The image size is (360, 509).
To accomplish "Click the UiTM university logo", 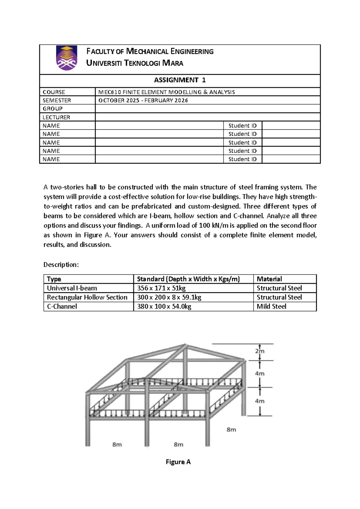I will click(67, 58).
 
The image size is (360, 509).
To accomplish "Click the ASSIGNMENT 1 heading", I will click(180, 80).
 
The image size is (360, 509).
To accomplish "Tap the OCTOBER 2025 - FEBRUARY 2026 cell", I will click(143, 101).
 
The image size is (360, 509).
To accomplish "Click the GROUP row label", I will click(52, 109).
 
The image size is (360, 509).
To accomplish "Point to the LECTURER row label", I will click(56, 117).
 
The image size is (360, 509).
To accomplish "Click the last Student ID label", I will click(242, 159).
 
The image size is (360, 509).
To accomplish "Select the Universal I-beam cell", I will click(72, 288).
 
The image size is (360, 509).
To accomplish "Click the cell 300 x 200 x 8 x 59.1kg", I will click(169, 297).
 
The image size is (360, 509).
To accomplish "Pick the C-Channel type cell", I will click(62, 306).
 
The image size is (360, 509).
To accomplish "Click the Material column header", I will click(269, 279).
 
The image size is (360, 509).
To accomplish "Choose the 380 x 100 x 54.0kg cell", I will click(164, 306).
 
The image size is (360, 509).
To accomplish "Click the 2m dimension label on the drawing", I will click(260, 351).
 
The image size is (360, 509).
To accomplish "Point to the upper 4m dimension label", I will click(260, 374).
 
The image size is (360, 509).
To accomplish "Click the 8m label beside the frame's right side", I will click(231, 430).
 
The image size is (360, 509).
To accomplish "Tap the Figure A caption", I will click(178, 462).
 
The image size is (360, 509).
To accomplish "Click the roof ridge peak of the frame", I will click(186, 345).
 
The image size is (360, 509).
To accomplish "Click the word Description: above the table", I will click(61, 265).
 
